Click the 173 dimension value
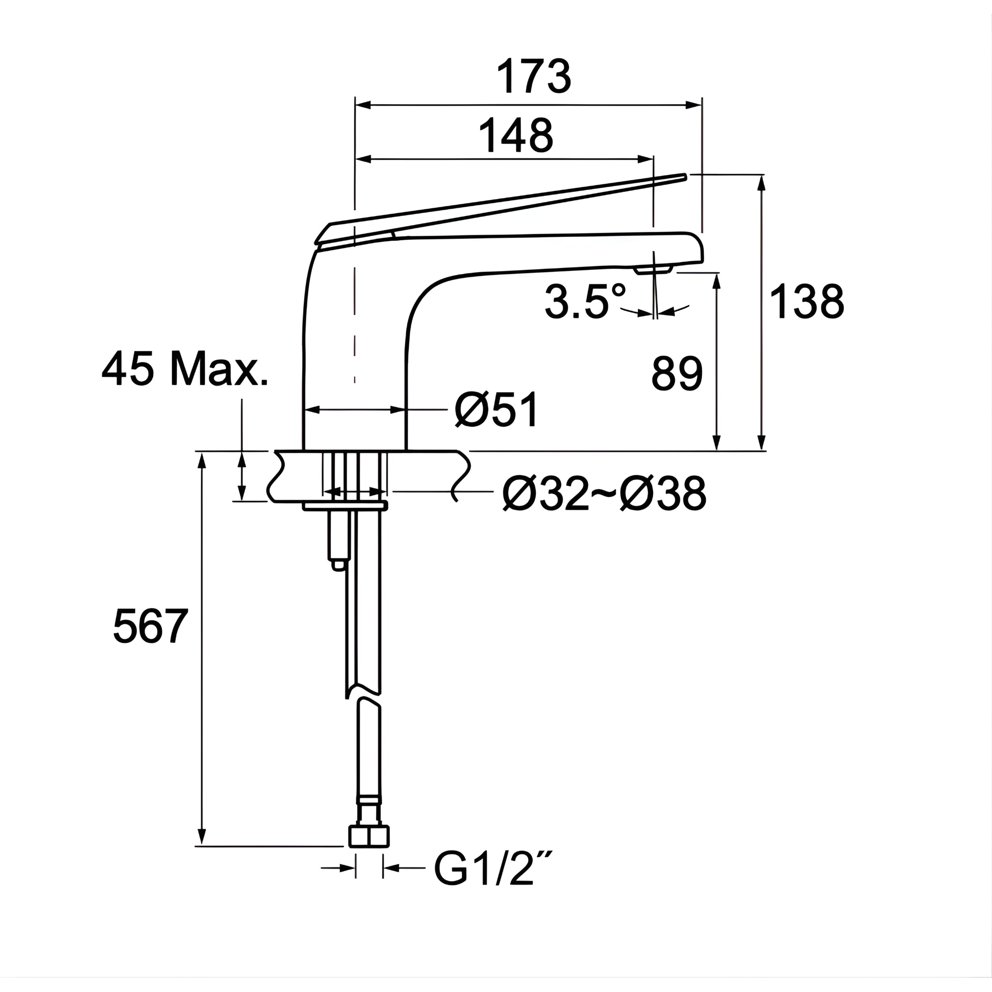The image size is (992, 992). point(533,77)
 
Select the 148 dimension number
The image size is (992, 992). point(515,136)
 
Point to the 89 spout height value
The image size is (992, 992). point(677,374)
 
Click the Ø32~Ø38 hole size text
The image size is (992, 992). point(604,494)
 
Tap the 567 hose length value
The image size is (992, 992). point(151,626)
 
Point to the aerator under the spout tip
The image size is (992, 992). point(653,270)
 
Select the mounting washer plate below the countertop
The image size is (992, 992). point(344,507)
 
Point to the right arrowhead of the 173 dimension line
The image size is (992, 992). point(695,105)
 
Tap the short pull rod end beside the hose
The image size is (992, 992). point(338,565)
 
